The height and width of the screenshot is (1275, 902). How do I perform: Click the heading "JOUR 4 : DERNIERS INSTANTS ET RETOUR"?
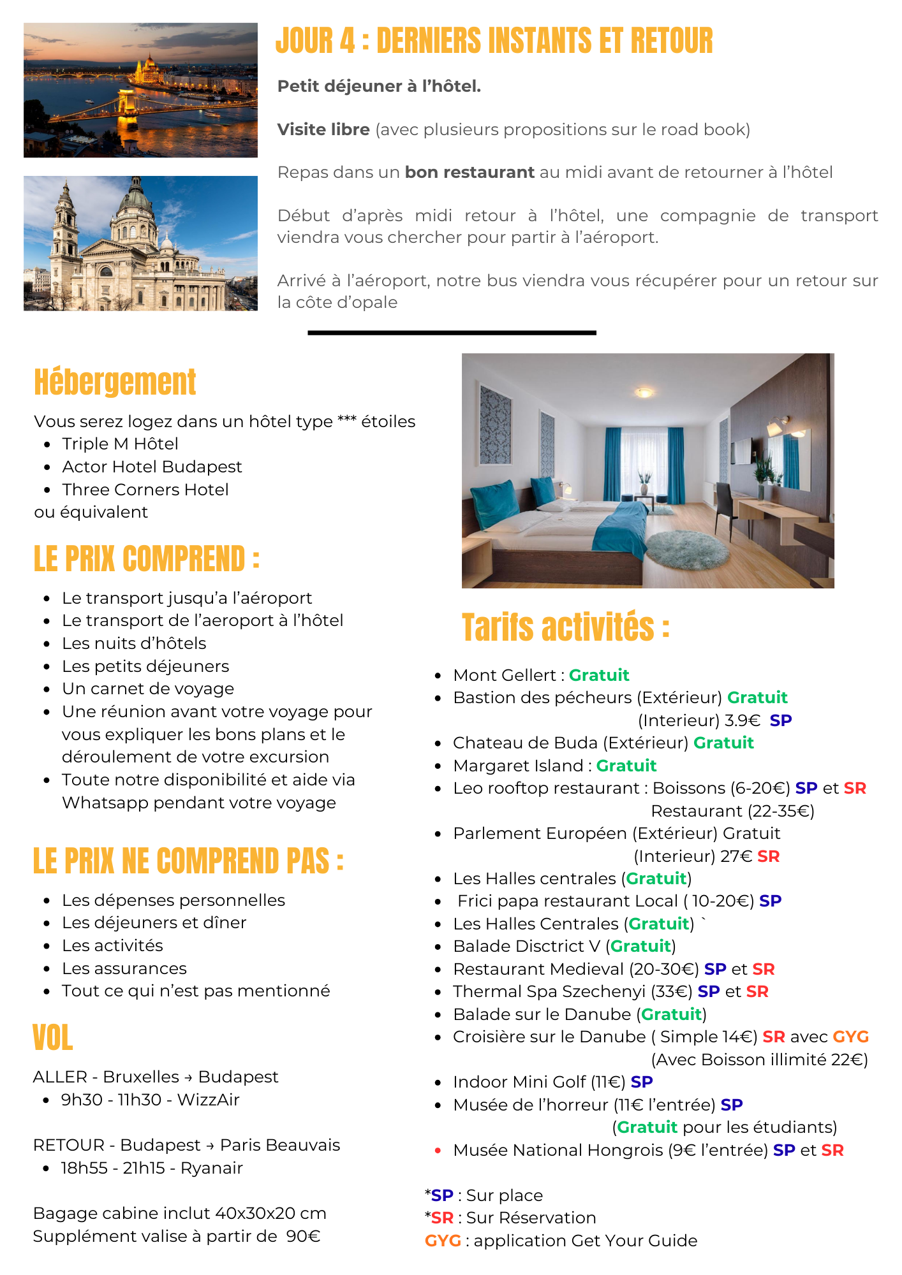point(494,41)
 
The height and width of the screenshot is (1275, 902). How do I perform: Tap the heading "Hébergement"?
point(115,382)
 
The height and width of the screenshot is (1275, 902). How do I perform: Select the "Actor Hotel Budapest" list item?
point(152,467)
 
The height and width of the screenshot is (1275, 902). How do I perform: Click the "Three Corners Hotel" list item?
point(145,490)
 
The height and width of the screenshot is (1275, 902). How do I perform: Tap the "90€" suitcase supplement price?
point(303,1237)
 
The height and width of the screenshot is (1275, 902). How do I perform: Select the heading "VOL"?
point(53,1038)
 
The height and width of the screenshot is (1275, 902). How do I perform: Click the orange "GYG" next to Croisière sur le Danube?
point(851,1037)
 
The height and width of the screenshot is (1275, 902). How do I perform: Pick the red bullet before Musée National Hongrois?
point(438,1151)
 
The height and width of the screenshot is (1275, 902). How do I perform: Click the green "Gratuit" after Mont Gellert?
point(599,676)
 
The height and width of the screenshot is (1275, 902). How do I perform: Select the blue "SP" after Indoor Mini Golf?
point(642,1082)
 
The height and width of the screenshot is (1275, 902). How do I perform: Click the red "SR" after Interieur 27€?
point(769,857)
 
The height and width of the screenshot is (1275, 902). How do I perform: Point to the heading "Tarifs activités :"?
point(565,627)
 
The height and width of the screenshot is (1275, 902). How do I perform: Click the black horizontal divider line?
point(452,333)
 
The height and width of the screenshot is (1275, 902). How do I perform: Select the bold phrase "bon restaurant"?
point(469,173)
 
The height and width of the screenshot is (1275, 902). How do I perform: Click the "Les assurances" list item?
point(124,969)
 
